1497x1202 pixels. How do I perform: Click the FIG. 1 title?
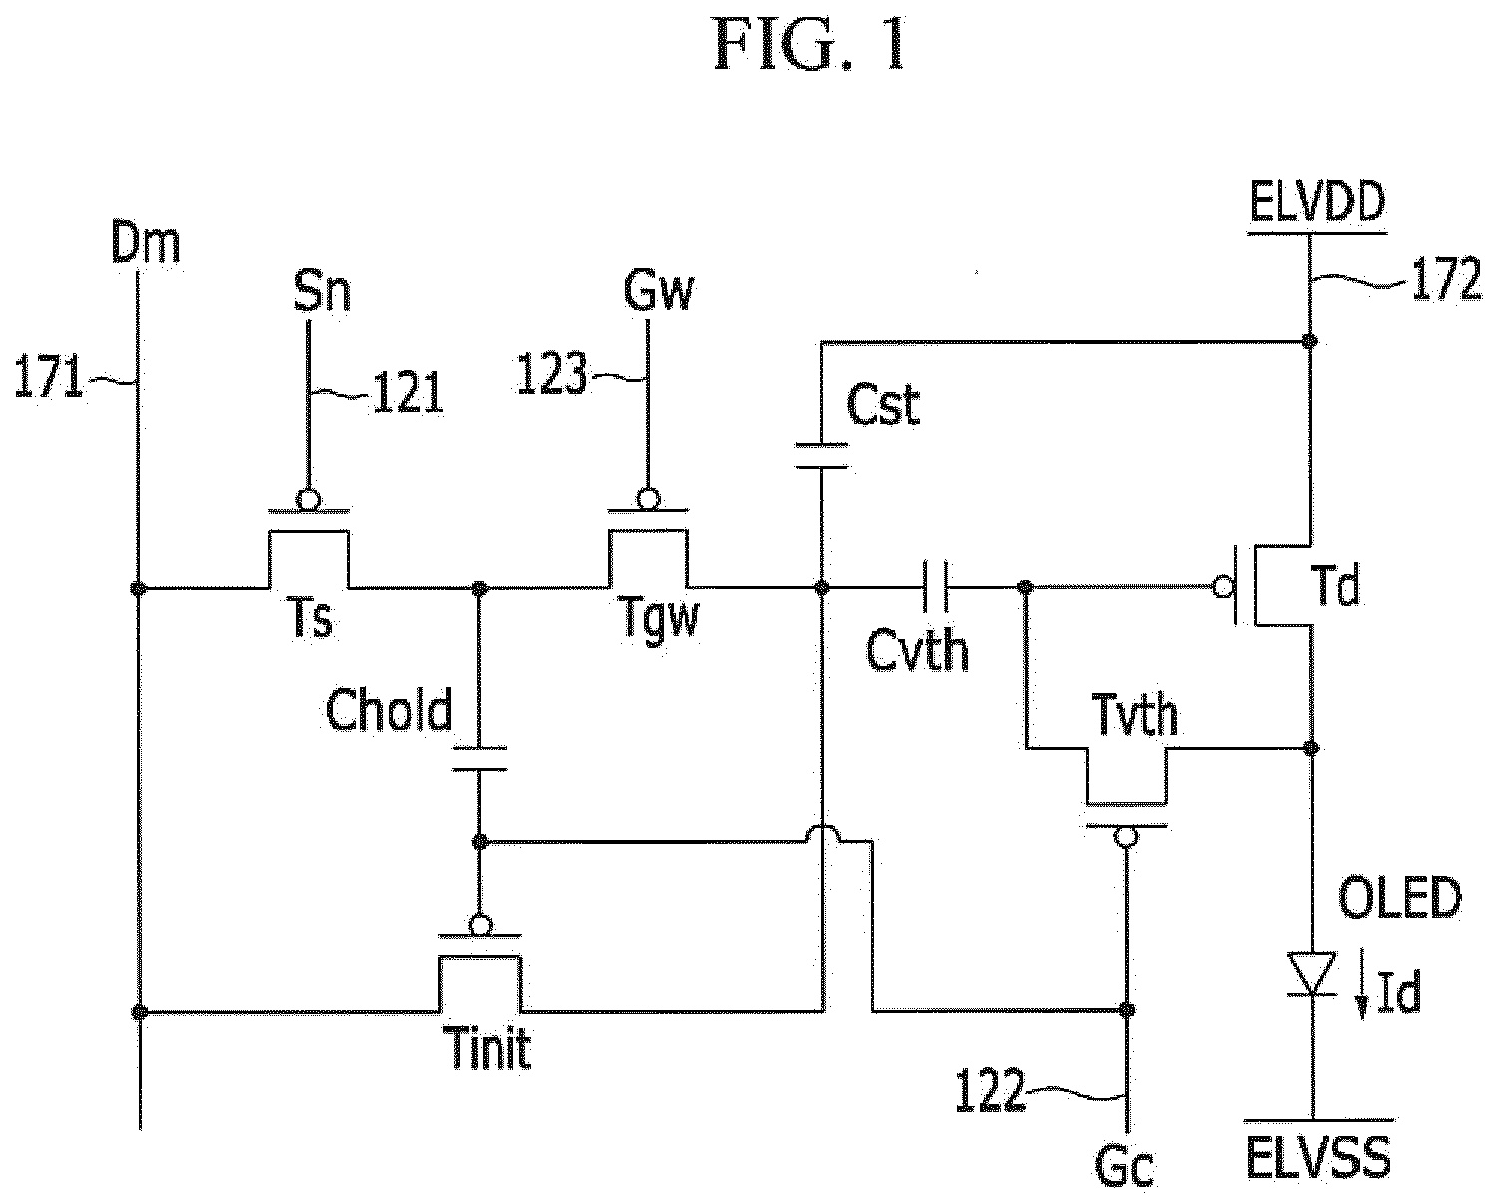point(811,45)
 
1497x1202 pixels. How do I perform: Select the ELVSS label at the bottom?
point(1318,1157)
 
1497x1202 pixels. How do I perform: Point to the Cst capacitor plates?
point(821,455)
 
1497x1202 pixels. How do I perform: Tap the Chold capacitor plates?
point(479,758)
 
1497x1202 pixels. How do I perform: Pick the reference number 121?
point(408,393)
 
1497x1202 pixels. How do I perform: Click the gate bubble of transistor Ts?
point(308,499)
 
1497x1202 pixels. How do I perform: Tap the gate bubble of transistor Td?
point(1223,587)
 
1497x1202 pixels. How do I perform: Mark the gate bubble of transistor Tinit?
point(480,926)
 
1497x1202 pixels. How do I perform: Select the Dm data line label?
point(145,242)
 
